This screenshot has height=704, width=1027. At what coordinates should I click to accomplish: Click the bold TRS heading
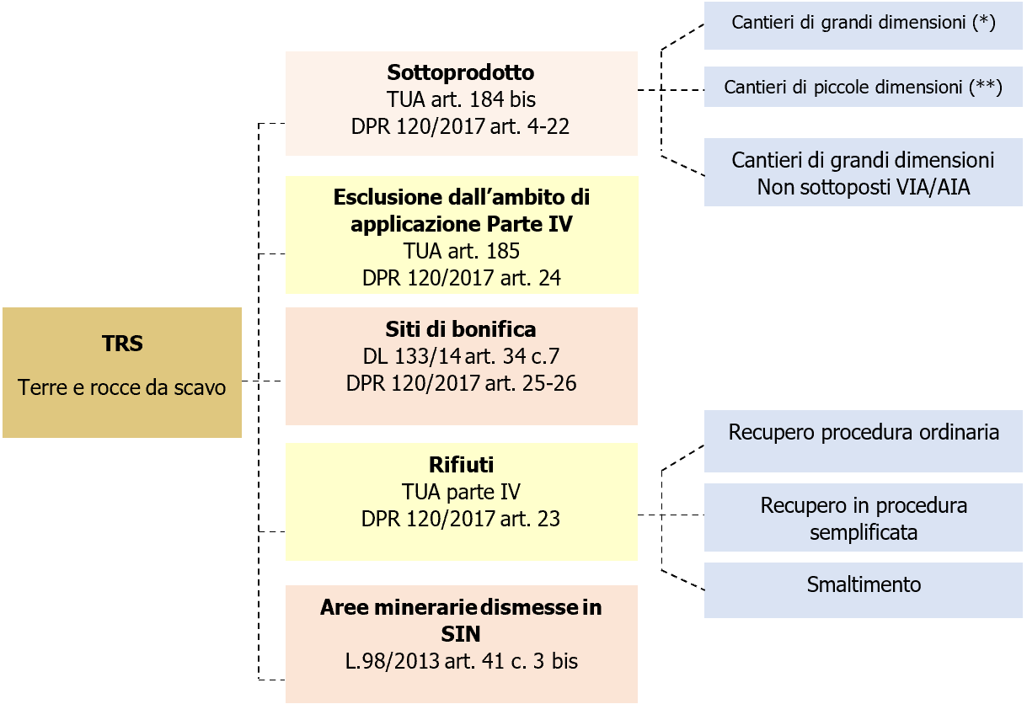coord(122,344)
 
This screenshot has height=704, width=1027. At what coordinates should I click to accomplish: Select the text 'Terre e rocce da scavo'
coord(122,389)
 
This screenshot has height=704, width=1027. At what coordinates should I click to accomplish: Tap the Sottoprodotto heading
coord(461,72)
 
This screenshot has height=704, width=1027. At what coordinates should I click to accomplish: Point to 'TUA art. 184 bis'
coord(461,99)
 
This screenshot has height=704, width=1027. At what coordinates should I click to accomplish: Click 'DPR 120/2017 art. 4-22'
coord(461,126)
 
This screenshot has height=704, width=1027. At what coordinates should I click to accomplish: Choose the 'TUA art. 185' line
coord(461,251)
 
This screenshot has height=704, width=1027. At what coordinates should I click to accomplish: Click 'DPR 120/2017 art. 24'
coord(461,277)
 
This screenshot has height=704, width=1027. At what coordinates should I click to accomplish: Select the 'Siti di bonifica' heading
coord(461,328)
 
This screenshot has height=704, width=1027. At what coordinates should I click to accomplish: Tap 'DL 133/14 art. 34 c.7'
coord(461,355)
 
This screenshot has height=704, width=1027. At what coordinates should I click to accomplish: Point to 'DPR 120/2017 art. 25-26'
coord(461,382)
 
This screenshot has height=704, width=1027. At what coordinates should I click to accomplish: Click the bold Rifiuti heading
coord(461,464)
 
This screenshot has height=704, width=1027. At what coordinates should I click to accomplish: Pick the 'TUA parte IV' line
coord(461,492)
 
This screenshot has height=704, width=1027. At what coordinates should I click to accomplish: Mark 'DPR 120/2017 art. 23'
coord(461,519)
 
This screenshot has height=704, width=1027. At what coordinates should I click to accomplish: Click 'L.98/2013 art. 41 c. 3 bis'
coord(461,661)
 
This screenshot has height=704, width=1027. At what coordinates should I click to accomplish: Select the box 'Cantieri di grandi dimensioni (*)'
coord(864,23)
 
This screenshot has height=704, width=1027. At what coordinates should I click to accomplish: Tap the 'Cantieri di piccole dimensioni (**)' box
coord(864,87)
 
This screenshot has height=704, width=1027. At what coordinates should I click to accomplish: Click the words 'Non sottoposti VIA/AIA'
coord(864,187)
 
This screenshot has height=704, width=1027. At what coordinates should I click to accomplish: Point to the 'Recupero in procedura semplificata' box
coord(864,518)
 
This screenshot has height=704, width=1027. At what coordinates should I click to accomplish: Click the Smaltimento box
coord(864,584)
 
